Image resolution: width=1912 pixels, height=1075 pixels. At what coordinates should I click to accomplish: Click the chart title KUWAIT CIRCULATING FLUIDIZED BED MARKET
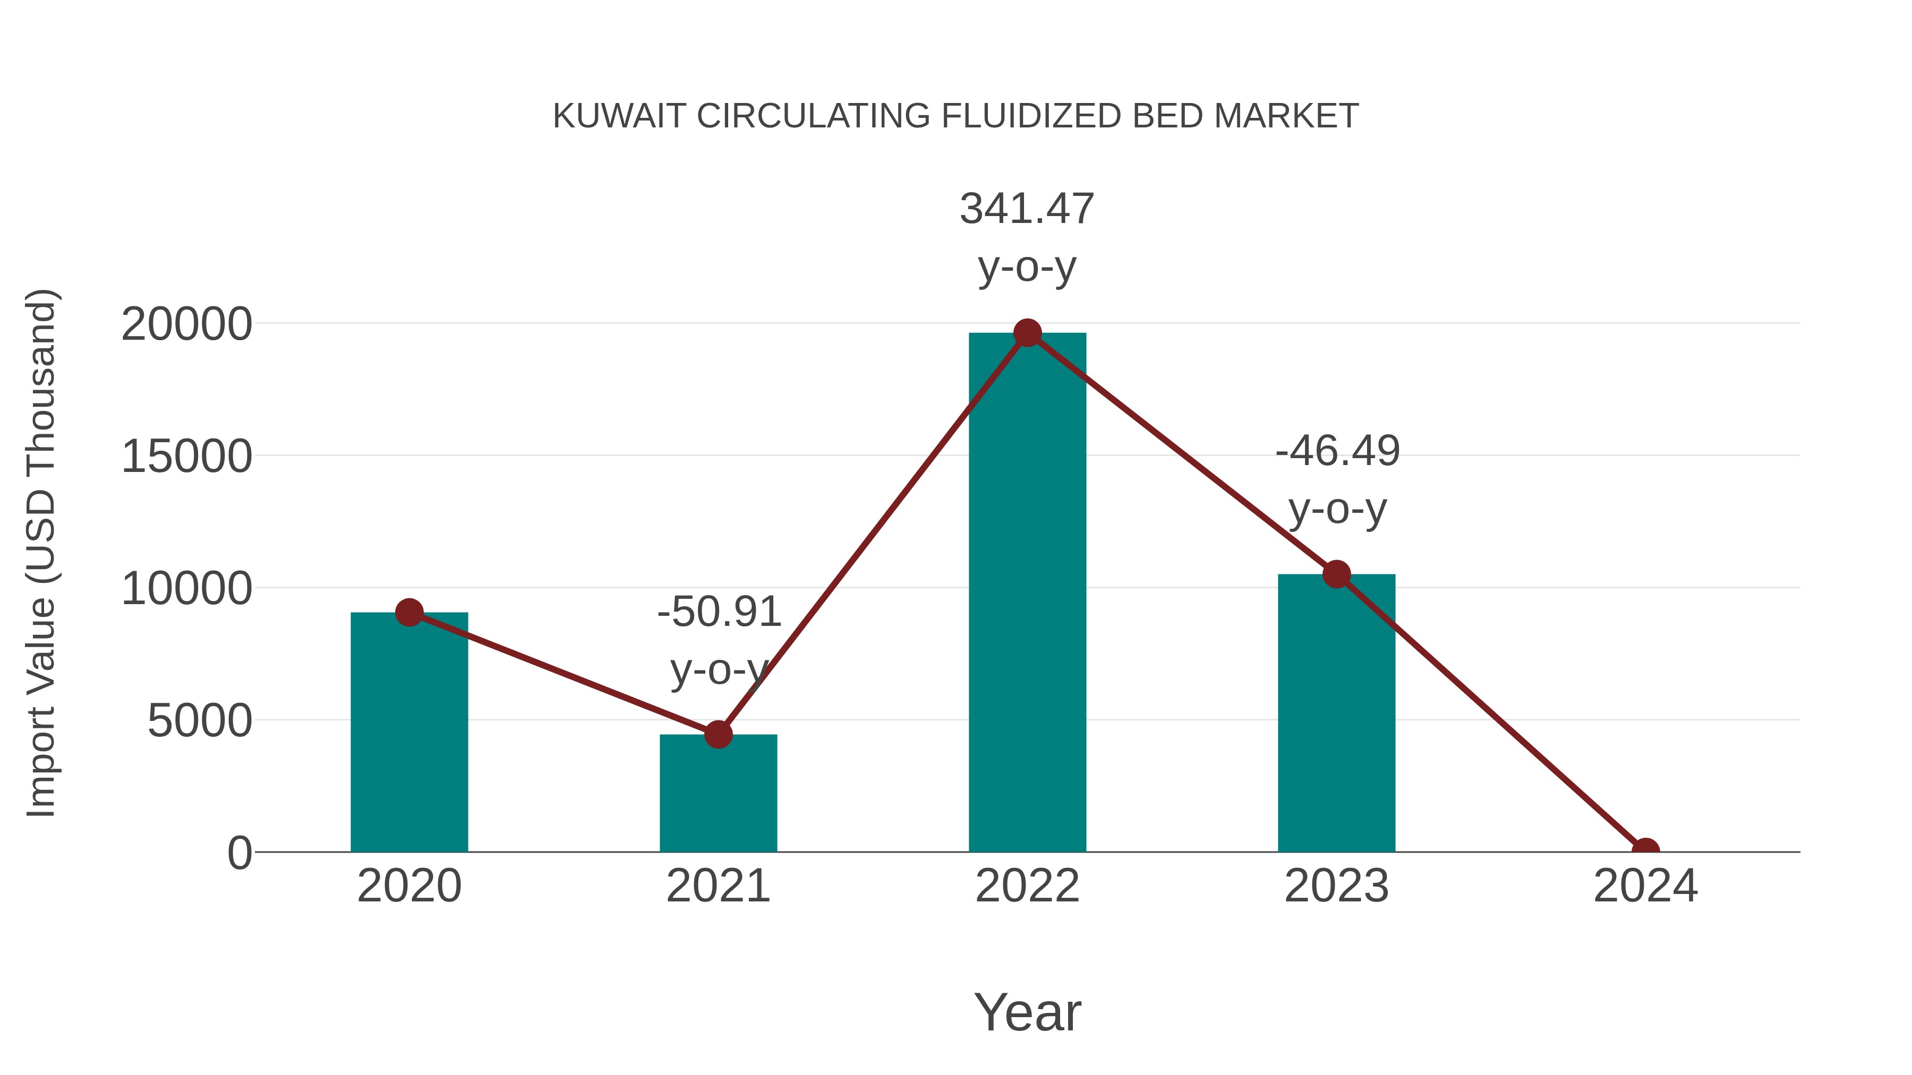(955, 116)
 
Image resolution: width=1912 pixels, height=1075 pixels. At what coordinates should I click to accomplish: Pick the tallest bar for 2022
(1027, 594)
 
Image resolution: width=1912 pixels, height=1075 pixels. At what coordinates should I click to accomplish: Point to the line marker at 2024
(1645, 850)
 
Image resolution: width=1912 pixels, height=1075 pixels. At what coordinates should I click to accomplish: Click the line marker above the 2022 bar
(1027, 333)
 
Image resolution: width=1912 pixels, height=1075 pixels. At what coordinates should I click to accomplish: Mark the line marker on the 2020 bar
(409, 613)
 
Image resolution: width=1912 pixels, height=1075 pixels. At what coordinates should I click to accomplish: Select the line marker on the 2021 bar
(718, 735)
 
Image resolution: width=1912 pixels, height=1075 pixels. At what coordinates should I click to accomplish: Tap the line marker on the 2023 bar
(1336, 574)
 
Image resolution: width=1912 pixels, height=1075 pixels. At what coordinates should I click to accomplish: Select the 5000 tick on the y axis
(200, 721)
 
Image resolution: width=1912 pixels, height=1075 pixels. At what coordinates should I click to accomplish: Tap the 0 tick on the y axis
(239, 853)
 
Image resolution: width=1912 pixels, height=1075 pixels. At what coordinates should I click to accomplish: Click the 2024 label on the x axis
(1645, 887)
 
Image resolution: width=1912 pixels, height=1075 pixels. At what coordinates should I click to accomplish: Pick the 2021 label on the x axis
(718, 887)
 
